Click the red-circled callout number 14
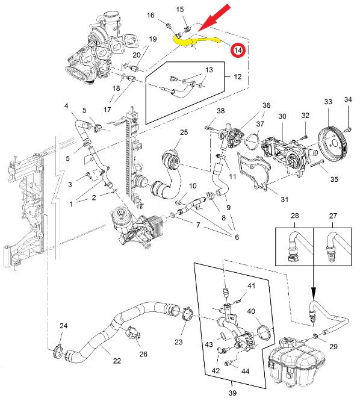coord(238,50)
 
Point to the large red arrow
coord(214,19)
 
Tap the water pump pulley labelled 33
coord(332,141)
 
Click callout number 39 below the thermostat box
coord(232,393)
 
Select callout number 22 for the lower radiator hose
coord(117,361)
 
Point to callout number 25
coord(184,132)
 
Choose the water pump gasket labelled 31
coord(253,171)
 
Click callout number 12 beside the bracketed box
coord(238,76)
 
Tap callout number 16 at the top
coord(151,15)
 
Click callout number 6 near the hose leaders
coord(237,237)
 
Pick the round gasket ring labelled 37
coord(251,141)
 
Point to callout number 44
coord(245,371)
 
